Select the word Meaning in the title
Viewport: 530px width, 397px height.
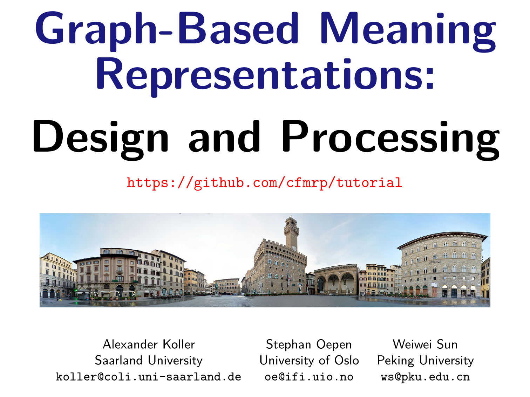tap(408, 31)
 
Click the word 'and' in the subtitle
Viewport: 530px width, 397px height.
tap(225, 136)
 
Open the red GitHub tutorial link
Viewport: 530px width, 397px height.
tap(264, 183)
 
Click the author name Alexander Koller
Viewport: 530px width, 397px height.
tap(149, 344)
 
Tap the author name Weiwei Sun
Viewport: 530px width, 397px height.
tap(425, 344)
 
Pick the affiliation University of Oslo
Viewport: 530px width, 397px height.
tap(309, 361)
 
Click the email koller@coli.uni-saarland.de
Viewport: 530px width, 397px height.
tap(149, 377)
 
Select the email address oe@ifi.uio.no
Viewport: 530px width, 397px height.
tap(309, 377)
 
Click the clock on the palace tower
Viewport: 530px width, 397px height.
tap(294, 248)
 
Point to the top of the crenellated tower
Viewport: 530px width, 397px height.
tap(291, 218)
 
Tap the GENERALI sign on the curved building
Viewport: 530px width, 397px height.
tap(435, 262)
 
